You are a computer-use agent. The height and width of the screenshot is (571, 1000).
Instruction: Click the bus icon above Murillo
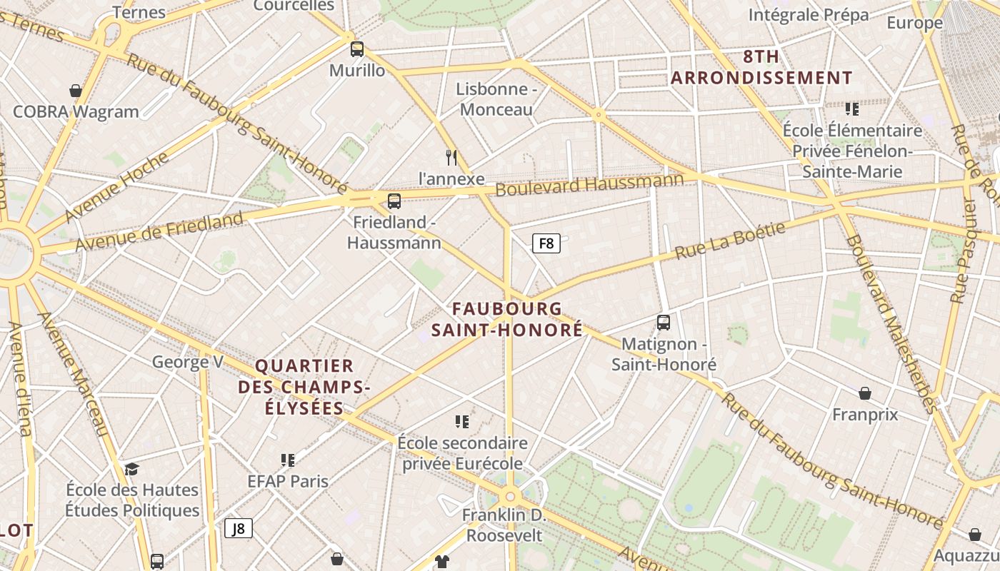(x=357, y=49)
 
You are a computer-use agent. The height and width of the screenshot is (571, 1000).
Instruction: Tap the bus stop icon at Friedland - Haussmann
(x=394, y=201)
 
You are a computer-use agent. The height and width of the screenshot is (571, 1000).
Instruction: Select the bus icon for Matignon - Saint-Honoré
(x=664, y=323)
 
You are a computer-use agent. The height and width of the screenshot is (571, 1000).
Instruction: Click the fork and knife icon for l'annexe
(x=451, y=157)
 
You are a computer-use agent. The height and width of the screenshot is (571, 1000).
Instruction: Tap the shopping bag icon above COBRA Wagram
(x=76, y=91)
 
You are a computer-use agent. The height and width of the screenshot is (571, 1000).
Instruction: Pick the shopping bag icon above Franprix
(x=864, y=393)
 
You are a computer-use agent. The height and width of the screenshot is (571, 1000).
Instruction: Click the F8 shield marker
(x=546, y=243)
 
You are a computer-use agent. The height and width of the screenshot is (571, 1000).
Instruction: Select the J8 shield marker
(x=239, y=528)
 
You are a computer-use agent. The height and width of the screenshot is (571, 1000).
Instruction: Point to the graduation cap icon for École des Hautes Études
(x=131, y=469)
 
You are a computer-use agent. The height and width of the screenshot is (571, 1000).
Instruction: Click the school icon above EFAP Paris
(x=288, y=460)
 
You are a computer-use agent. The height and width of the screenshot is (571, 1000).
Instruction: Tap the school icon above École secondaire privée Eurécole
(x=462, y=422)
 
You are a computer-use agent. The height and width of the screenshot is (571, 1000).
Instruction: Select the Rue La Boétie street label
(x=730, y=241)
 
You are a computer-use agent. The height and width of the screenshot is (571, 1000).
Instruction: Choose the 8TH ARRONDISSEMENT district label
(x=761, y=67)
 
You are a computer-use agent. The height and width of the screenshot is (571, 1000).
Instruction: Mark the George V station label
(x=187, y=362)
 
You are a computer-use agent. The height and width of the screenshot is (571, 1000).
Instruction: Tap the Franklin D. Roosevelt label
(x=504, y=525)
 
